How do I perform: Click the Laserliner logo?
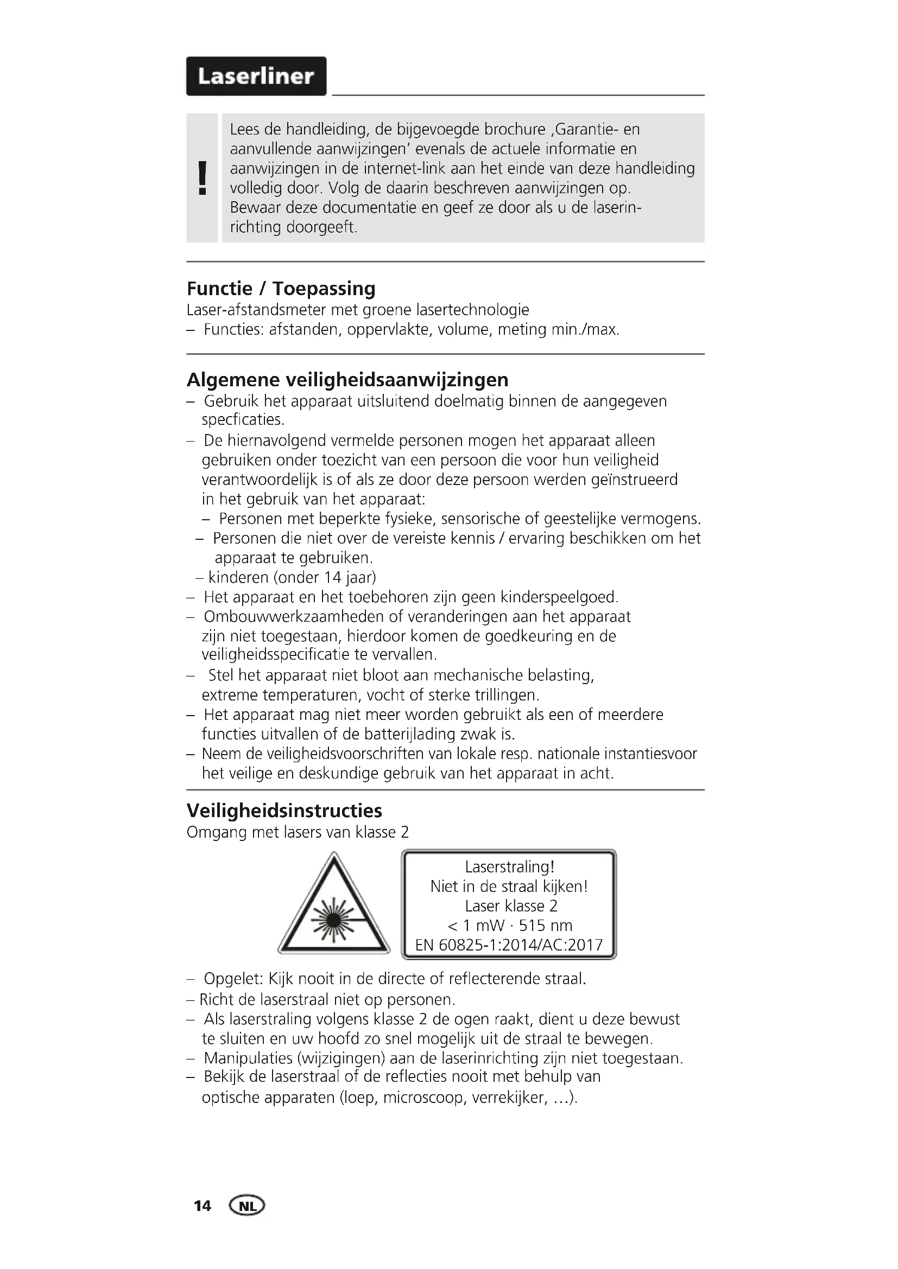[256, 76]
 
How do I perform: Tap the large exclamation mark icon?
[203, 178]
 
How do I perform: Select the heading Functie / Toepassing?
[281, 289]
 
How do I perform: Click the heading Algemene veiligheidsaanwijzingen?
[347, 380]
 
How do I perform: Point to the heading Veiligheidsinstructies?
[284, 811]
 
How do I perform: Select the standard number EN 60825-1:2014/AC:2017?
[509, 945]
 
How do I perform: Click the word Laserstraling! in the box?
[509, 866]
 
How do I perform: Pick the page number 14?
[203, 1206]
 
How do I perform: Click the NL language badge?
[247, 1206]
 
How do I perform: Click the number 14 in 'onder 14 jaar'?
[333, 578]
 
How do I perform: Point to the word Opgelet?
[233, 979]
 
